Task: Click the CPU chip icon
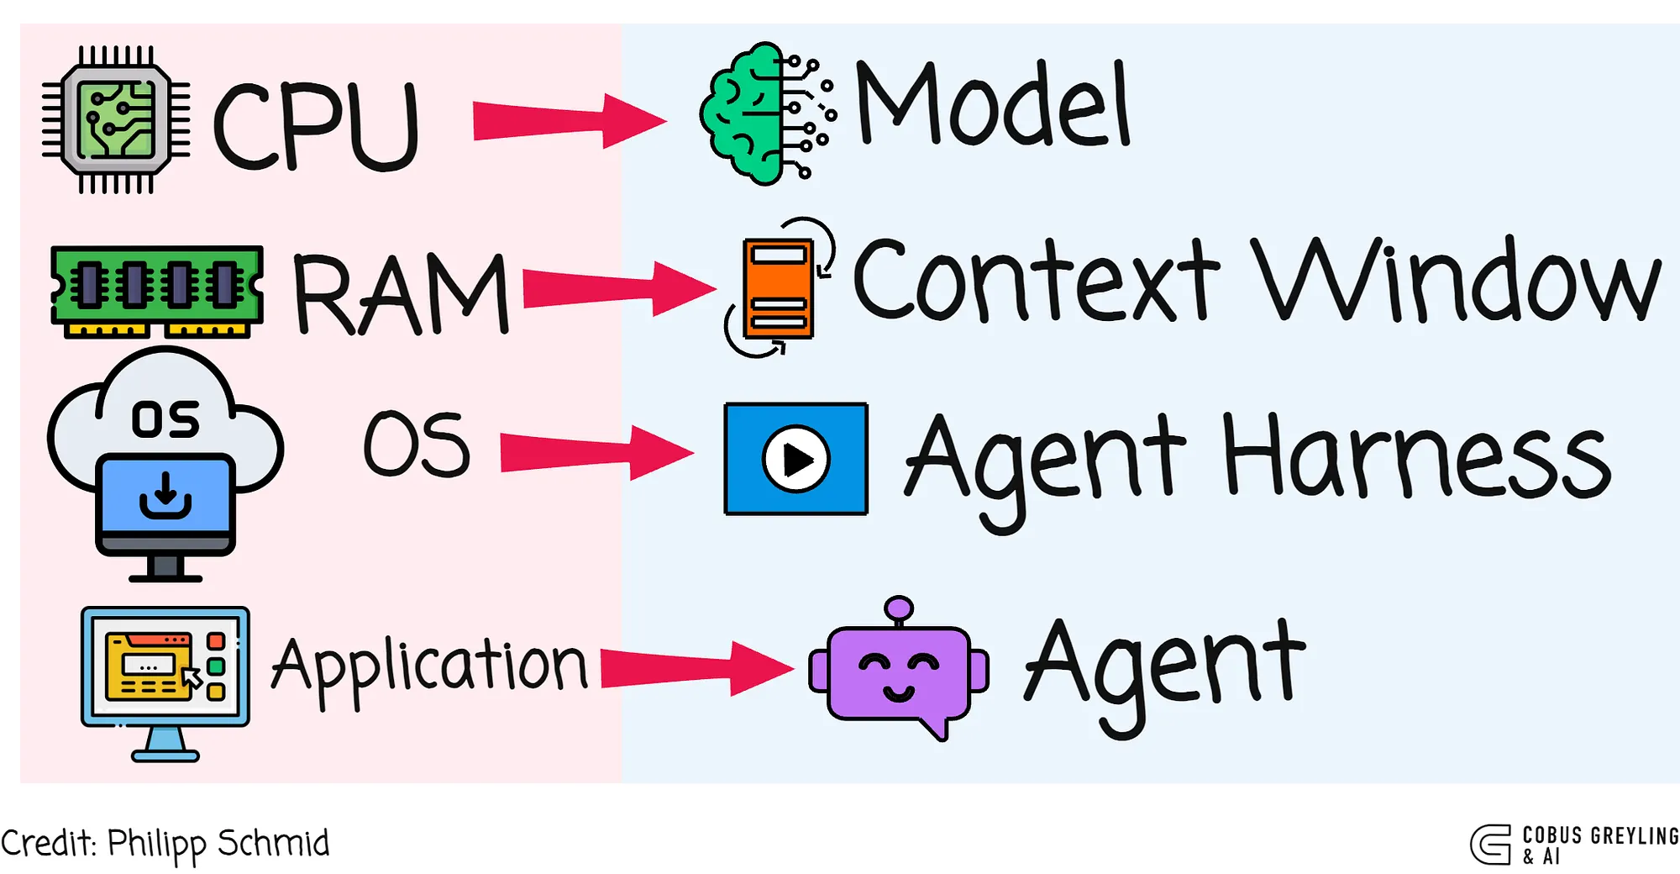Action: [x=116, y=119]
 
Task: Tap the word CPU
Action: [x=316, y=126]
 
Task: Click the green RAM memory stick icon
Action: [x=157, y=290]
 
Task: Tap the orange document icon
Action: [x=779, y=287]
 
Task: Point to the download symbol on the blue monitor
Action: [x=165, y=496]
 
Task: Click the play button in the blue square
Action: [x=795, y=459]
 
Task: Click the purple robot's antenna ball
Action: [x=899, y=608]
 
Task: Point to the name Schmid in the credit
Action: [x=274, y=843]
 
